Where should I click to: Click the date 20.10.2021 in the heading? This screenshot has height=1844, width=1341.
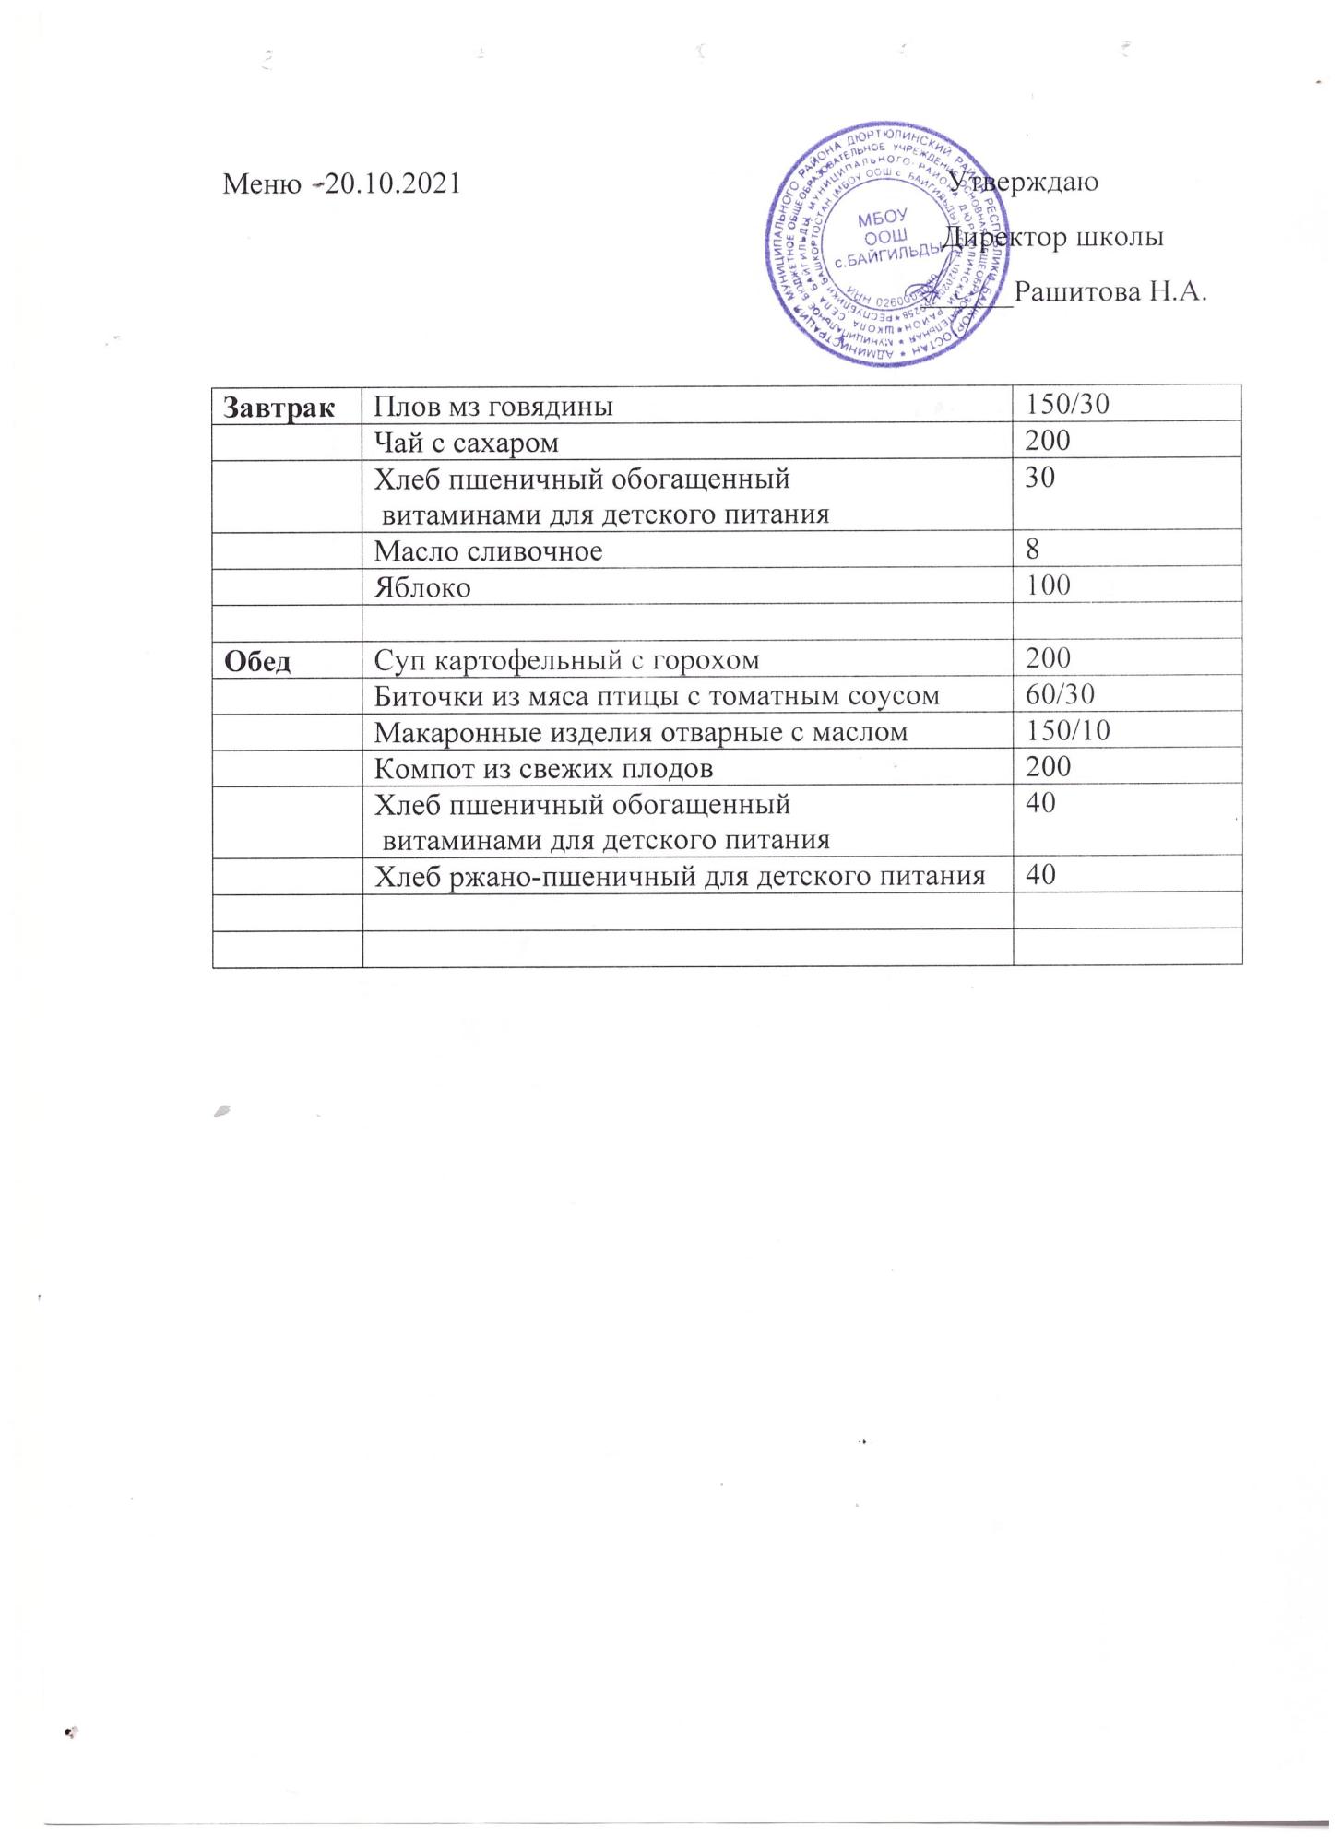(x=393, y=183)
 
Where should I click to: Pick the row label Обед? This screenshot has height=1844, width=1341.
(x=258, y=660)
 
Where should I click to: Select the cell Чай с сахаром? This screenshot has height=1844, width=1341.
(x=466, y=443)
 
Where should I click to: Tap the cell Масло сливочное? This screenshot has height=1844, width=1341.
(x=488, y=551)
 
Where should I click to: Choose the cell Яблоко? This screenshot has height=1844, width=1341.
(x=421, y=587)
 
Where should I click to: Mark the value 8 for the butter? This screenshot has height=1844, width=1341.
(x=1033, y=550)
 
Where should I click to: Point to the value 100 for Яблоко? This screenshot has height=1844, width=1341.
(x=1048, y=585)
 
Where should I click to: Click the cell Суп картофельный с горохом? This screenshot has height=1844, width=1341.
(x=567, y=660)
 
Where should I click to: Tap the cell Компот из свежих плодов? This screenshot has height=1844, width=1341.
(x=543, y=768)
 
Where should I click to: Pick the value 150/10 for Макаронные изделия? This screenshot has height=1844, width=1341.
(x=1067, y=731)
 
